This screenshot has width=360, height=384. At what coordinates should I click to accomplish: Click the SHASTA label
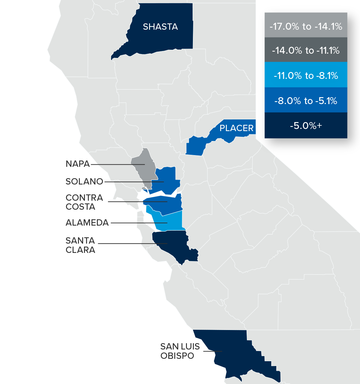(x=160, y=27)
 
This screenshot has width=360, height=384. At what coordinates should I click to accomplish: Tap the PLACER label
(x=236, y=128)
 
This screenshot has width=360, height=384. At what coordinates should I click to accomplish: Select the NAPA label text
(x=78, y=164)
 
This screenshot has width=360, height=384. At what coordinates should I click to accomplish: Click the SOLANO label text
(x=84, y=181)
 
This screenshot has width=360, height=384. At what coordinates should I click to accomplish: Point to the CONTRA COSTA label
(x=84, y=202)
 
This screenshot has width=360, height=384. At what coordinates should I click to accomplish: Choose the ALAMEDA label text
(x=87, y=223)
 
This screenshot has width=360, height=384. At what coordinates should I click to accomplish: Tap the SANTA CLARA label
(x=80, y=245)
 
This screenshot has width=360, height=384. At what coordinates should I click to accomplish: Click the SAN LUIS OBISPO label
(x=180, y=351)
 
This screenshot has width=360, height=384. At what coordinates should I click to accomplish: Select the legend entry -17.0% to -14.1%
(x=306, y=26)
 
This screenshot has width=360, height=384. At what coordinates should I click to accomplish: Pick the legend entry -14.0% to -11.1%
(x=306, y=50)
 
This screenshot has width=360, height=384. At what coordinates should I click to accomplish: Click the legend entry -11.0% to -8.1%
(x=306, y=75)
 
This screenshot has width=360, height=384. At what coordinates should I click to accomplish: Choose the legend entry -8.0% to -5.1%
(x=306, y=100)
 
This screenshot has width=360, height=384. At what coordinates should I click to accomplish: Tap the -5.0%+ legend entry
(x=306, y=125)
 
